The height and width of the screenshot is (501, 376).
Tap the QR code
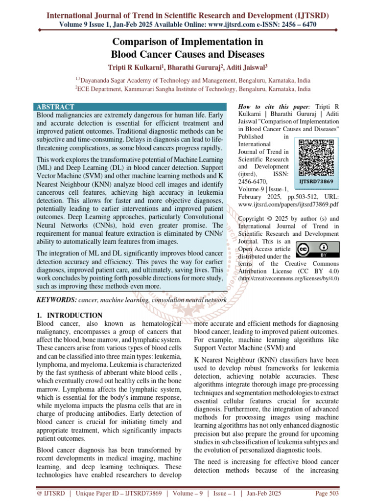click(x=317, y=158)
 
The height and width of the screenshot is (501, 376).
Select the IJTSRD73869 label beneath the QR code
click(x=317, y=182)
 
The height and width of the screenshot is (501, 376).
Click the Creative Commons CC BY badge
click(x=317, y=250)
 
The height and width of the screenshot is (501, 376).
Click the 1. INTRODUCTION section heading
click(x=70, y=316)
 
